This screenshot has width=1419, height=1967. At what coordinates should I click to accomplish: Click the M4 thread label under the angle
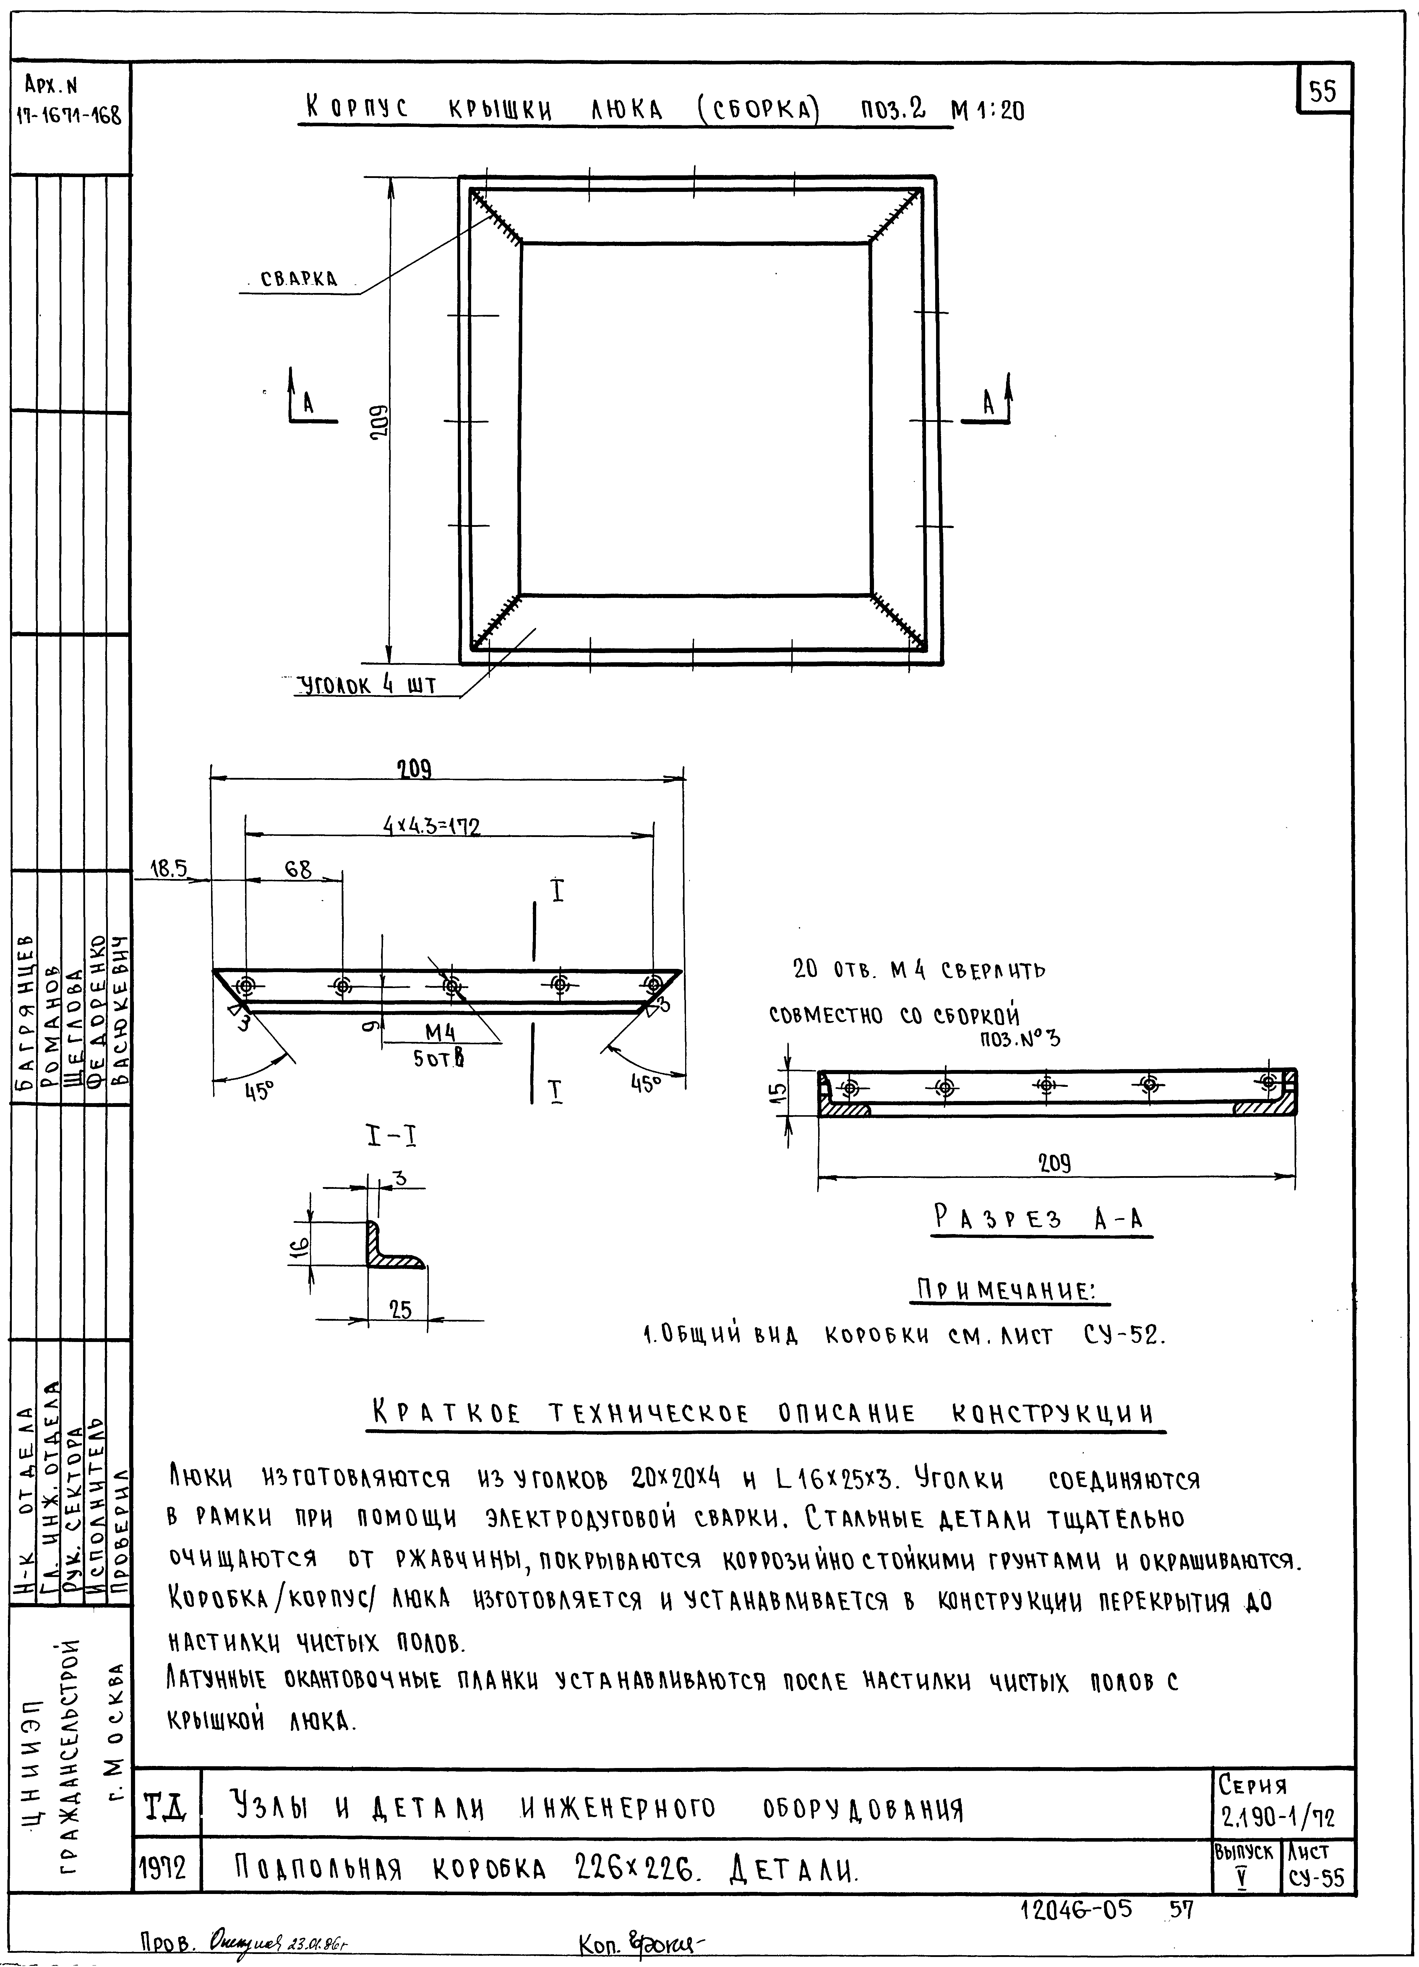point(440,1032)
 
